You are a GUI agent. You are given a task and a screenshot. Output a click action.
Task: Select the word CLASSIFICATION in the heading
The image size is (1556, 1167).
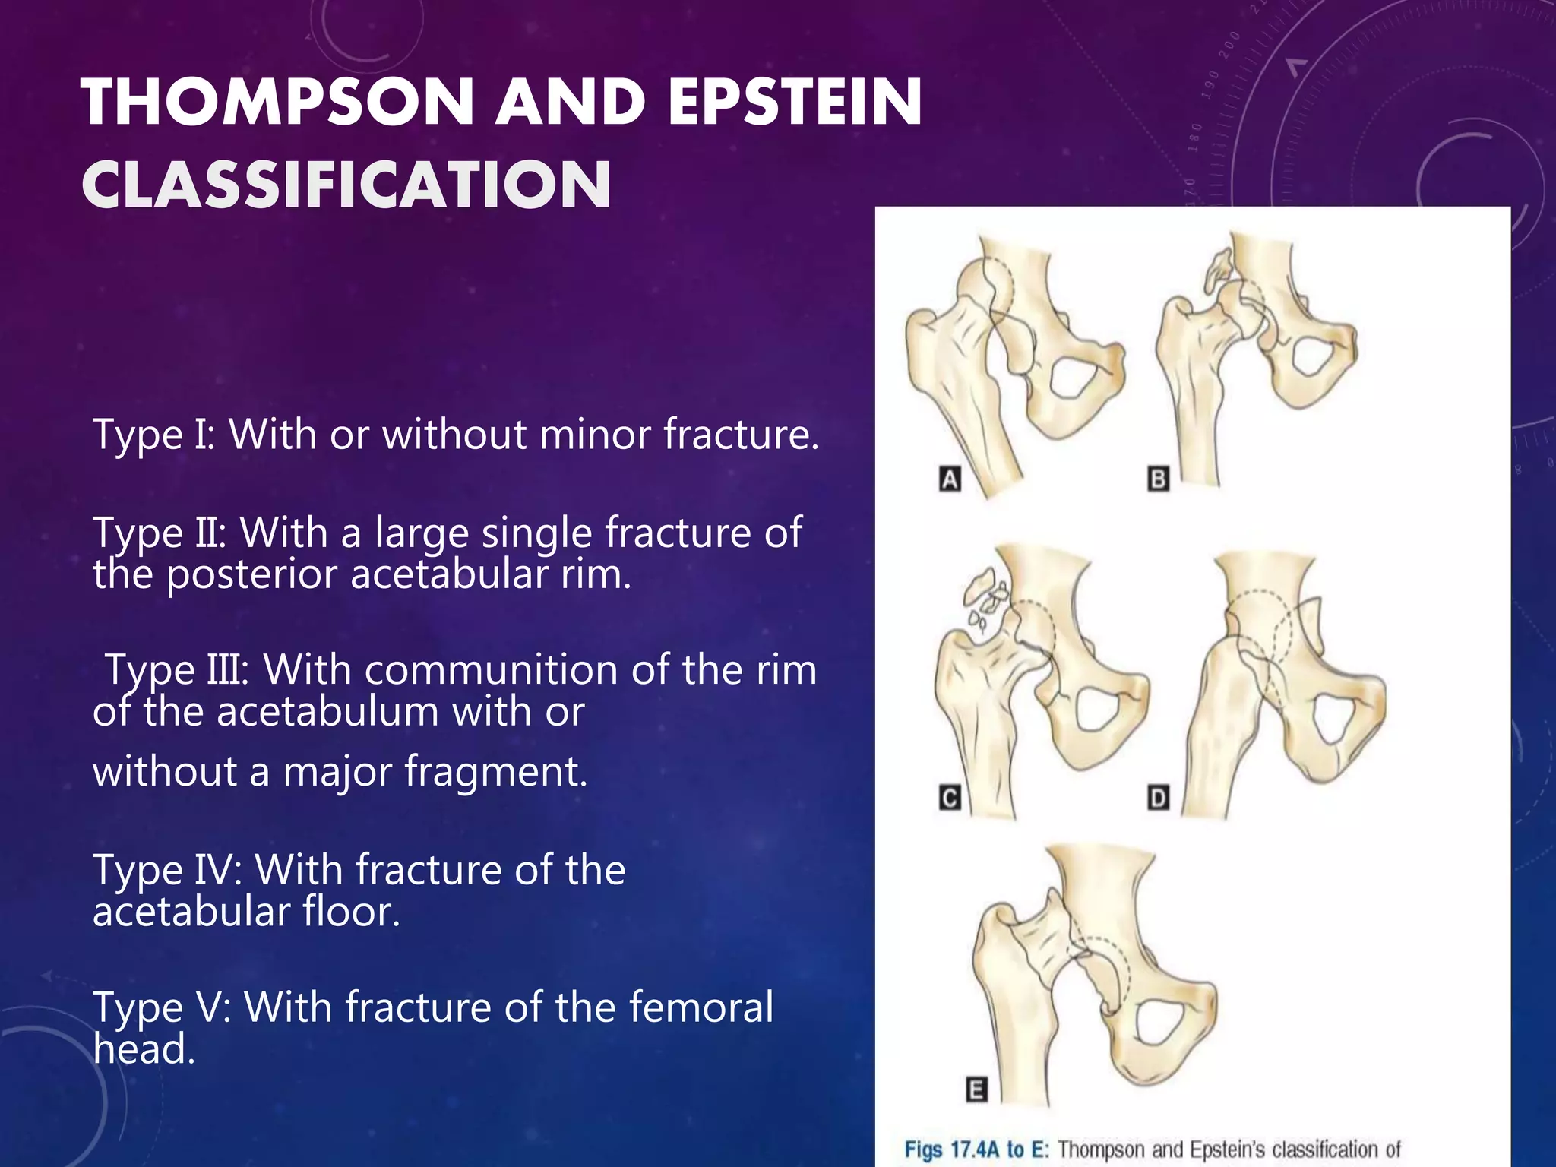(346, 185)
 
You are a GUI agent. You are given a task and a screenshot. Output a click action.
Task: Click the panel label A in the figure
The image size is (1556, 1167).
(950, 479)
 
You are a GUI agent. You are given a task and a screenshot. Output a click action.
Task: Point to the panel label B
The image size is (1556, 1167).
(1158, 479)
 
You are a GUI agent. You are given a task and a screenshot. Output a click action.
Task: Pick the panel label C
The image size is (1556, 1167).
(950, 798)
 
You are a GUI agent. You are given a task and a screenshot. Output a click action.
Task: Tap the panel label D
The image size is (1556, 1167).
(1158, 798)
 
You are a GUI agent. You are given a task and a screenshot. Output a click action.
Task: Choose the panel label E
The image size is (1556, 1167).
(976, 1090)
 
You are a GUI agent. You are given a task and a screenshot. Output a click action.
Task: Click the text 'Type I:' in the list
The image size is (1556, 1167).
(154, 435)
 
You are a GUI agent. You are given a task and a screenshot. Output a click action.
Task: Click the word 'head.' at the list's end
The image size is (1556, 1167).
(144, 1049)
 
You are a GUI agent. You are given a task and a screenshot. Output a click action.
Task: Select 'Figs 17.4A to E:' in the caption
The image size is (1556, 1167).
(976, 1149)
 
